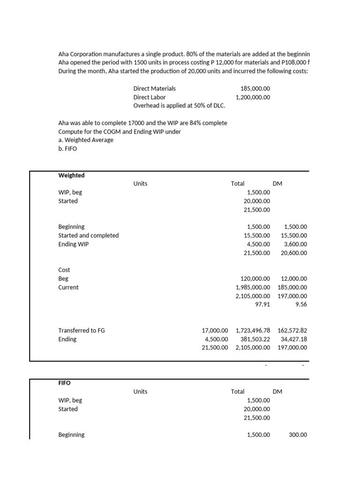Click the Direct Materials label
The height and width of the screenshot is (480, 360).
[154, 88]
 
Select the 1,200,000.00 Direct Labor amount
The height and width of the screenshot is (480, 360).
[253, 97]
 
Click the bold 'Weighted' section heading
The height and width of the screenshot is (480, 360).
[71, 175]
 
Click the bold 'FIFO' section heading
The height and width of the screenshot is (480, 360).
[64, 383]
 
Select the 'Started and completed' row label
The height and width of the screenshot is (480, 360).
[88, 235]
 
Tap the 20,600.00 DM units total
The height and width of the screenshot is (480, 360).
[294, 253]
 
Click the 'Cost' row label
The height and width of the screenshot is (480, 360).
[64, 270]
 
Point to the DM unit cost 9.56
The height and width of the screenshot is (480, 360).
[301, 304]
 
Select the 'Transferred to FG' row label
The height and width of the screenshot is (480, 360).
[81, 330]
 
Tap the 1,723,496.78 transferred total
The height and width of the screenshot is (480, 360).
[253, 330]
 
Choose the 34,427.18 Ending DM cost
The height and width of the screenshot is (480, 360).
[294, 339]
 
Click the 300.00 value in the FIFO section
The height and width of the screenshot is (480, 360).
[298, 435]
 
